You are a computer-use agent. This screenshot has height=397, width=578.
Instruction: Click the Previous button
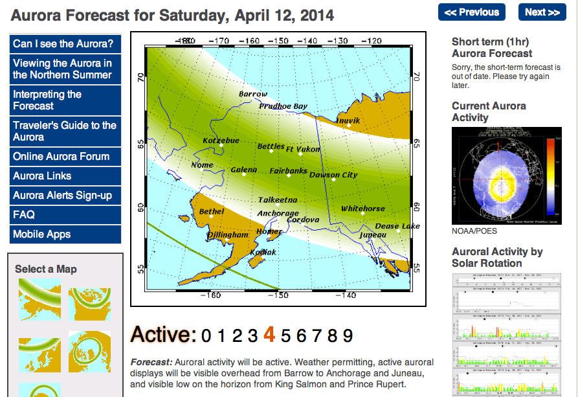click(472, 12)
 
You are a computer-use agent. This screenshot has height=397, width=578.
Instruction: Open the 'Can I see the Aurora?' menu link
click(64, 44)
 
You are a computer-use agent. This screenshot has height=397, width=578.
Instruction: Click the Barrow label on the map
click(252, 95)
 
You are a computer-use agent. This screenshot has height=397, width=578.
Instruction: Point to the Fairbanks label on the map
click(289, 172)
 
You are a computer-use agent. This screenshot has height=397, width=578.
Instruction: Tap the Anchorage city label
click(278, 214)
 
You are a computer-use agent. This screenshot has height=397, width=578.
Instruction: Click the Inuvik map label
click(348, 120)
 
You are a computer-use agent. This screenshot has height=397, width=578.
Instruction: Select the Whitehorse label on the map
click(362, 209)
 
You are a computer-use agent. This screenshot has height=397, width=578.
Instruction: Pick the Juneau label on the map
click(372, 235)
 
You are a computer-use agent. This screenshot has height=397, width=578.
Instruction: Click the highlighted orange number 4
click(270, 335)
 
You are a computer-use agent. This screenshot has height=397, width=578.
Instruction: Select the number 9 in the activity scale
click(348, 335)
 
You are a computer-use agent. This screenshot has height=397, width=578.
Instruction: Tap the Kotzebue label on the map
click(221, 141)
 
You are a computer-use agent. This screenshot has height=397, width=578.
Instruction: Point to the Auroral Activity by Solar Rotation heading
click(497, 257)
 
